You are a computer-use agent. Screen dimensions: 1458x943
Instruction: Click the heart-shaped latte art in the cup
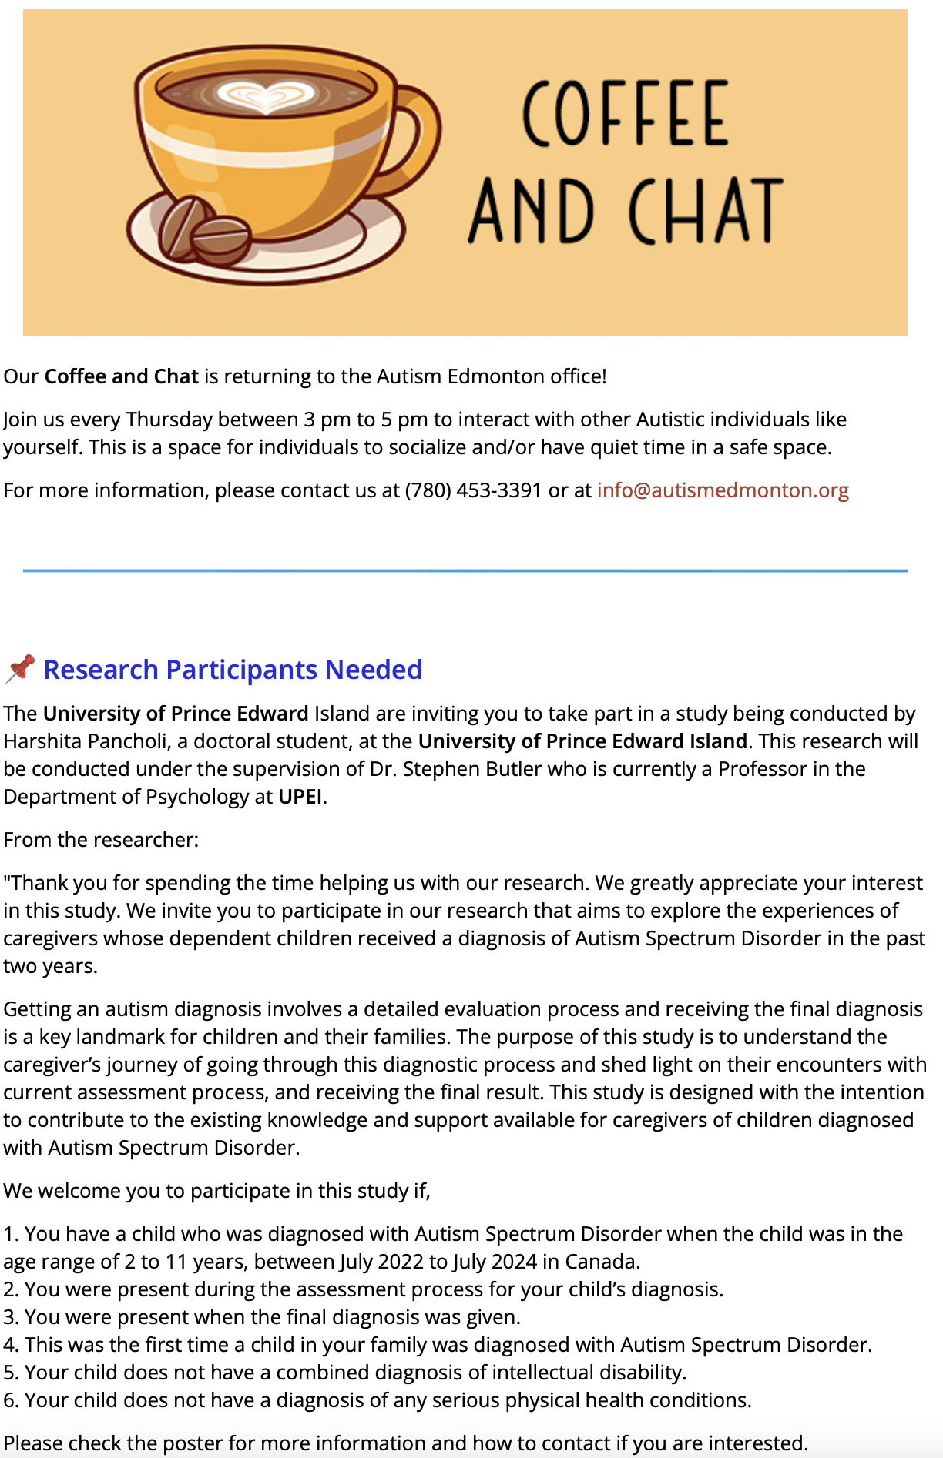click(267, 96)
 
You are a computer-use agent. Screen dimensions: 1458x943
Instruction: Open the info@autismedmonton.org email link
click(723, 490)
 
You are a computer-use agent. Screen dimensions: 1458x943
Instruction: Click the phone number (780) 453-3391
click(473, 490)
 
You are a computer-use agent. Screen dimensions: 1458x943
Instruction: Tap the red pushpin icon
click(20, 668)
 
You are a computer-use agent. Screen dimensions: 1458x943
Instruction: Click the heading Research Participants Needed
click(233, 670)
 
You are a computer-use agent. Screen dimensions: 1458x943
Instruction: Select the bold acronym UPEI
click(300, 797)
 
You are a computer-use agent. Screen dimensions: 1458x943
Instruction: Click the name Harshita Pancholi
click(86, 741)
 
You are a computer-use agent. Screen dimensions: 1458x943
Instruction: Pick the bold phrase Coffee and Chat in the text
click(122, 376)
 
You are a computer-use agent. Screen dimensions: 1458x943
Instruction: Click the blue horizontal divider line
click(465, 570)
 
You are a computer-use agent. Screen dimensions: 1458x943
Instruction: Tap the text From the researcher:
click(101, 840)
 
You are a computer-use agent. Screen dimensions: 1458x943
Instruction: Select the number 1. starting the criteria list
click(11, 1234)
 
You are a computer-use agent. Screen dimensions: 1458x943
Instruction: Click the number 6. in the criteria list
click(11, 1400)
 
